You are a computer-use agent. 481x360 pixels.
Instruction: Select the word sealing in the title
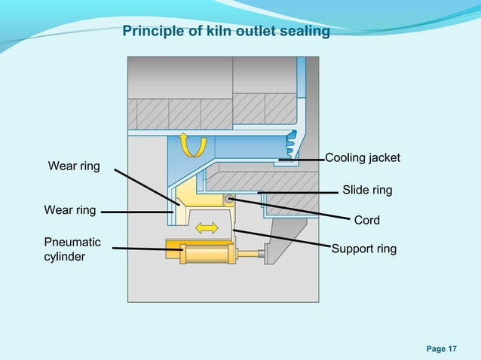click(x=305, y=32)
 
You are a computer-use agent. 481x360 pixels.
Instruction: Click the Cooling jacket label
click(x=362, y=158)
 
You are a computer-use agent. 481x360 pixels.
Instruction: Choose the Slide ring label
click(x=367, y=190)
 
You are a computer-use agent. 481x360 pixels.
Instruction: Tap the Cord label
click(x=367, y=220)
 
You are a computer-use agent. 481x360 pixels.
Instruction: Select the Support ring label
click(x=364, y=249)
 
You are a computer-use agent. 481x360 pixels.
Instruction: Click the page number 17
click(x=452, y=348)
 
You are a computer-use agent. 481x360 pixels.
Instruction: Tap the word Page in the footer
click(x=435, y=348)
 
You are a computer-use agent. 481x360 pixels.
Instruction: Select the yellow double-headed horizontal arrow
click(x=206, y=227)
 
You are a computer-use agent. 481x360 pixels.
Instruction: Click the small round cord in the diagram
click(x=227, y=200)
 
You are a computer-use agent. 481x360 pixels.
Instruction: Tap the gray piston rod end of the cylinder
click(x=262, y=256)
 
